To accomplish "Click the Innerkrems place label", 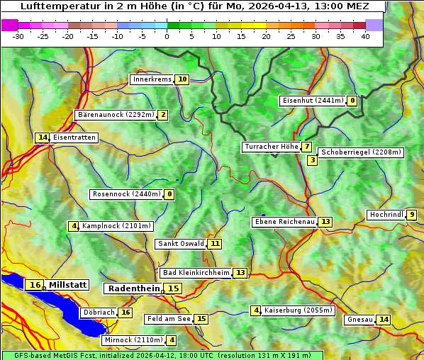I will pyautogui.click(x=152, y=79).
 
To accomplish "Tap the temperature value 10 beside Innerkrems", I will pyautogui.click(x=183, y=79).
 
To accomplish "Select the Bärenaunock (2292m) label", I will pyautogui.click(x=115, y=115).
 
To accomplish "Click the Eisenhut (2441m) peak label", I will pyautogui.click(x=312, y=101).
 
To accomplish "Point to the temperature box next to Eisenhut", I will pyautogui.click(x=352, y=101).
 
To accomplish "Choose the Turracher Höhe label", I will pyautogui.click(x=271, y=147).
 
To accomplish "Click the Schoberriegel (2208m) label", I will pyautogui.click(x=361, y=152).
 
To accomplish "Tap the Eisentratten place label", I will pyautogui.click(x=74, y=137).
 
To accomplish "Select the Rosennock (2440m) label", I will pyautogui.click(x=126, y=194).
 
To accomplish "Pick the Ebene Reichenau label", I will pyautogui.click(x=284, y=222).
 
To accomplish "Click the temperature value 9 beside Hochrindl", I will pyautogui.click(x=412, y=215).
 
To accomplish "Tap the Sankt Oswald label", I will pyautogui.click(x=181, y=244).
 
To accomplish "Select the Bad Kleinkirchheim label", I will pyautogui.click(x=196, y=273).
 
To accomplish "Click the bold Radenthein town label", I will pyautogui.click(x=134, y=288).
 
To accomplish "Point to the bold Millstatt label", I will pyautogui.click(x=68, y=285).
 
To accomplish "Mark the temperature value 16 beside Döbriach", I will pyautogui.click(x=125, y=313).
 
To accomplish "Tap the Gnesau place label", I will pyautogui.click(x=359, y=320).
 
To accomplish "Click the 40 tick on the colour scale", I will pyautogui.click(x=365, y=36).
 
